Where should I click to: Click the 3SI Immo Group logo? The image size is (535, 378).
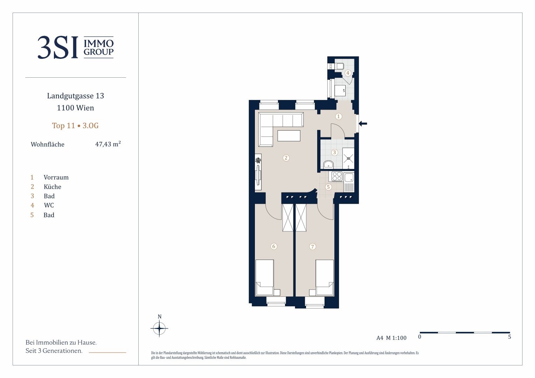tap(76, 47)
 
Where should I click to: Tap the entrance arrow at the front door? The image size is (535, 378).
tap(363, 124)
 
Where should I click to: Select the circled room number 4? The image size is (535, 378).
tap(348, 73)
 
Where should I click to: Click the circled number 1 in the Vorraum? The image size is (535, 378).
tap(339, 116)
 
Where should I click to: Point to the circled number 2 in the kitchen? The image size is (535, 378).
tap(286, 158)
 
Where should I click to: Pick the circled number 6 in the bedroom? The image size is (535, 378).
tap(274, 246)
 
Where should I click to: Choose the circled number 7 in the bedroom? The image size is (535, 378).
tap(312, 246)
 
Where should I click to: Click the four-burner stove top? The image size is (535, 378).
tap(337, 177)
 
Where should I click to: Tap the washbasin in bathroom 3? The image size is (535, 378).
tap(329, 164)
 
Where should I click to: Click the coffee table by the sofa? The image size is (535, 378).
tap(289, 136)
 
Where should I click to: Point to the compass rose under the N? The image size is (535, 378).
tap(159, 328)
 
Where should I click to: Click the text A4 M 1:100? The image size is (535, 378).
tap(391, 338)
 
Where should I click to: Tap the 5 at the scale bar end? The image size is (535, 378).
tap(509, 337)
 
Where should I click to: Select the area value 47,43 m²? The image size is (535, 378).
tap(108, 144)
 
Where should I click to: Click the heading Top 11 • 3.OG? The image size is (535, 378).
tap(75, 126)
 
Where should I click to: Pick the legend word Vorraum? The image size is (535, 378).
tap(56, 177)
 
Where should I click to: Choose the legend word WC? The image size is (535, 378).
tap(49, 205)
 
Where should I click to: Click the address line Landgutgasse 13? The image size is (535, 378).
tap(76, 96)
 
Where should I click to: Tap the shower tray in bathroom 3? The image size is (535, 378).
tap(348, 158)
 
